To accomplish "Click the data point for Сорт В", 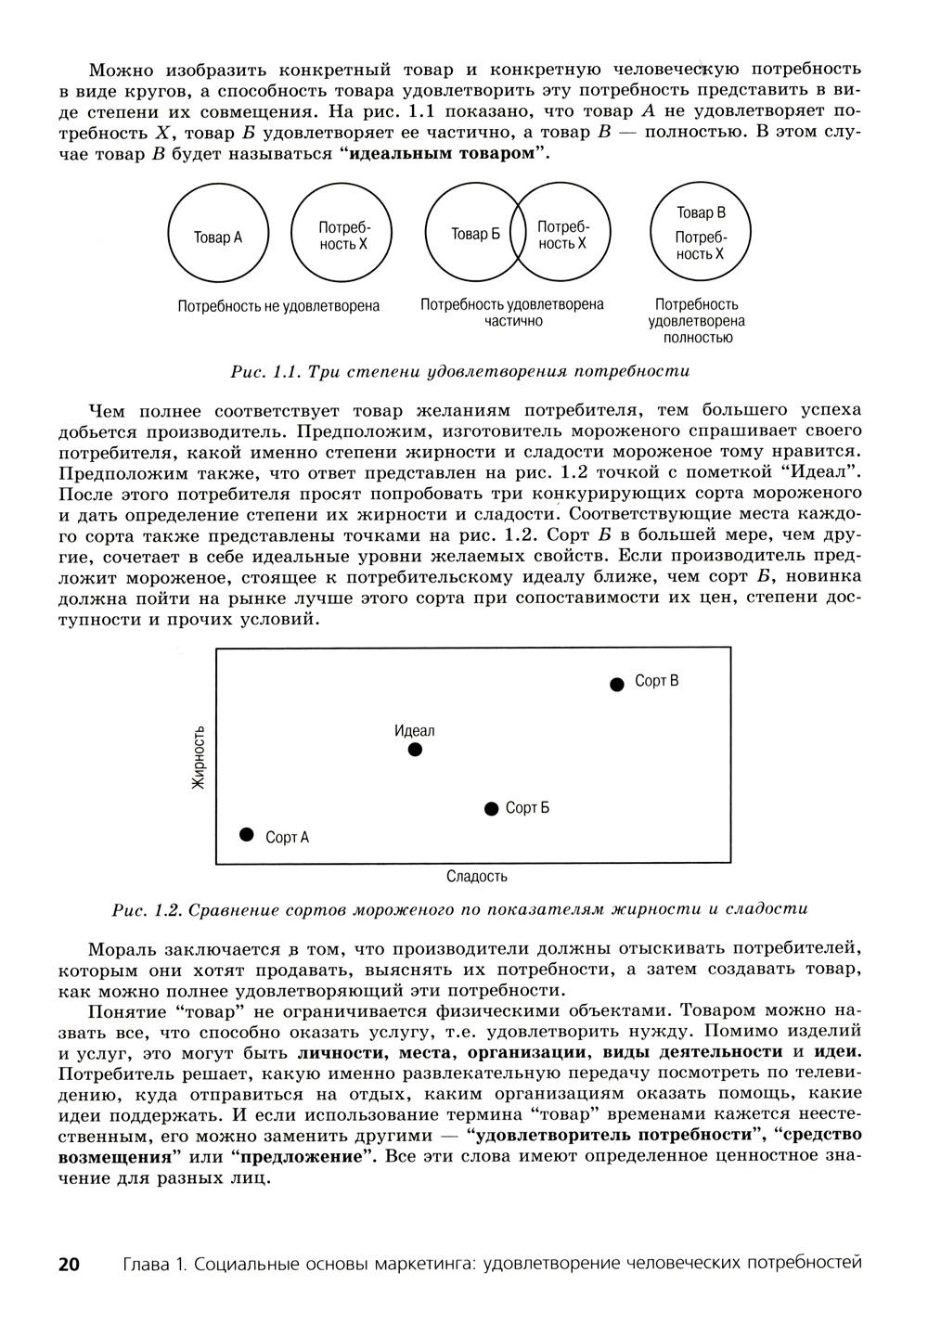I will coord(617,685).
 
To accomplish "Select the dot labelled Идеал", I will coord(415,749).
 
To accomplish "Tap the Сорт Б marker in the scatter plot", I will coord(492,809).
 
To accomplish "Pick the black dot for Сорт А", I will coord(247,834).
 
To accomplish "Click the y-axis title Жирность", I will coord(198,756).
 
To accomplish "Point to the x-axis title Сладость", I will coord(476,877).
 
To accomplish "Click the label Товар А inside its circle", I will coord(217,238).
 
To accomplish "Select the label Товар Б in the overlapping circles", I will coord(475,235).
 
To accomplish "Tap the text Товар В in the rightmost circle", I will coord(701,212).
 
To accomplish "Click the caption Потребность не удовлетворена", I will coord(278,305).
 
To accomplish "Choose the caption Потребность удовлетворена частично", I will coord(512,313).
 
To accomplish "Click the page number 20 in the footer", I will coord(70,1264).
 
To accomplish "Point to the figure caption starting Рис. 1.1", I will coord(459,372).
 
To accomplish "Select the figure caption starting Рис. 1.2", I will coord(459,909).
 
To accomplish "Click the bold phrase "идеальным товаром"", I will coord(445,152).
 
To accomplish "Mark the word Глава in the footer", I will coord(147,1264).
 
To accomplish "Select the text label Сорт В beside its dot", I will coord(656,681).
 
